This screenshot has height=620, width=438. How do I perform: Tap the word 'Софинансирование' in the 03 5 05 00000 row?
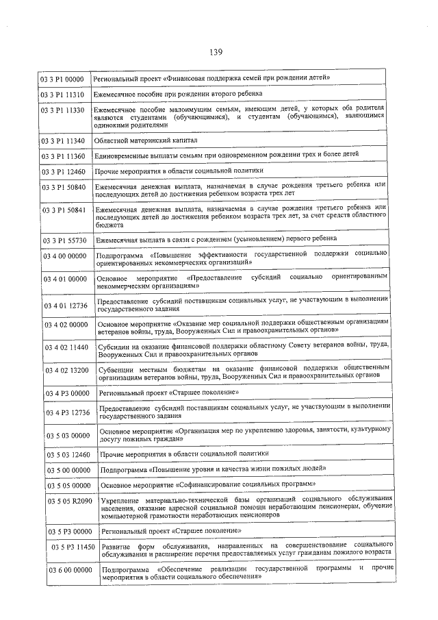(x=213, y=484)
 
